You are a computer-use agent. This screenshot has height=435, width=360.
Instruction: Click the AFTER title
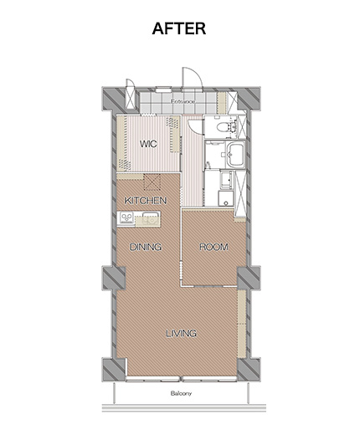pyautogui.click(x=179, y=28)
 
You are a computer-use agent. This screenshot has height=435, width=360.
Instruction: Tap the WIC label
pyautogui.click(x=148, y=144)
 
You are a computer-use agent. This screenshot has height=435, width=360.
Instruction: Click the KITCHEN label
pyautogui.click(x=146, y=201)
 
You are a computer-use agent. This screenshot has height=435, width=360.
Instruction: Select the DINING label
pyautogui.click(x=146, y=247)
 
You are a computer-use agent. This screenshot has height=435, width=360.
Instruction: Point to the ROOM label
pyautogui.click(x=213, y=247)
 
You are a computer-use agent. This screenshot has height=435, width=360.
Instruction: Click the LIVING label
pyautogui.click(x=182, y=333)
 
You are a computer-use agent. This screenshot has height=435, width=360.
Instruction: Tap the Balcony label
pyautogui.click(x=181, y=393)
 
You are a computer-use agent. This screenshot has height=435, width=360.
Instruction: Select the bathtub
pyautogui.click(x=235, y=154)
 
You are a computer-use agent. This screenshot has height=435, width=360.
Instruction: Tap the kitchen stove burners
pyautogui.click(x=126, y=217)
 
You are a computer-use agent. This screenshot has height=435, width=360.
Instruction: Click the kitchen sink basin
pyautogui.click(x=151, y=217)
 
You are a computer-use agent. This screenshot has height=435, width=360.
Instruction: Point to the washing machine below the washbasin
pyautogui.click(x=226, y=198)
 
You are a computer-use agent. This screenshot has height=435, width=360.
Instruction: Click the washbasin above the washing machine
pyautogui.click(x=226, y=179)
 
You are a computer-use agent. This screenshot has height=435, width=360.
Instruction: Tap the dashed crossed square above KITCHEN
pyautogui.click(x=152, y=182)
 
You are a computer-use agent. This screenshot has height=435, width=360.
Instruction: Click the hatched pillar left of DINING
pyautogui.click(x=114, y=279)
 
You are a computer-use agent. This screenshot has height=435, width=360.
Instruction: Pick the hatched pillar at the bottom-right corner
pyautogui.click(x=249, y=369)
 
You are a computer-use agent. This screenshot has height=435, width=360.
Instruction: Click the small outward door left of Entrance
pyautogui.click(x=130, y=95)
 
